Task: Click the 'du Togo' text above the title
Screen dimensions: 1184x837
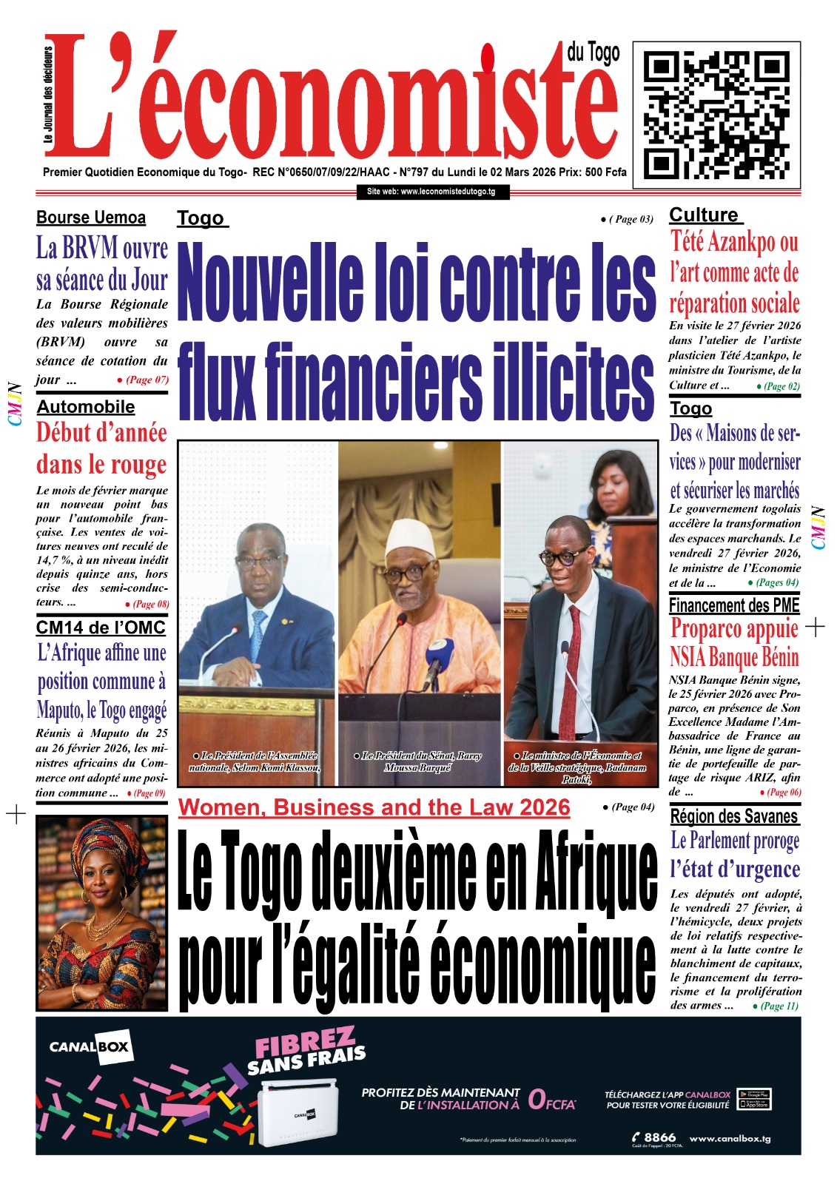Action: pyautogui.click(x=594, y=53)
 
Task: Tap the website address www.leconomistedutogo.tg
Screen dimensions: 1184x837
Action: pyautogui.click(x=431, y=192)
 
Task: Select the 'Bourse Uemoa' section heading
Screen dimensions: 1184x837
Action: pyautogui.click(x=91, y=218)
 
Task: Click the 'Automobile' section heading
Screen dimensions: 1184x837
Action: pyautogui.click(x=86, y=406)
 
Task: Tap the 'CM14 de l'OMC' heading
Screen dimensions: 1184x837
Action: pyautogui.click(x=101, y=628)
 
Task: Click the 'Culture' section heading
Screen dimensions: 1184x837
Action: pyautogui.click(x=704, y=215)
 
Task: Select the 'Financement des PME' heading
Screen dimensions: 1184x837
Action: pyautogui.click(x=734, y=605)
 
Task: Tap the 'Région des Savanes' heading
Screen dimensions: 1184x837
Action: pyautogui.click(x=734, y=816)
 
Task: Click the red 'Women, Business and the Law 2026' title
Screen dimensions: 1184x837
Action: pyautogui.click(x=374, y=807)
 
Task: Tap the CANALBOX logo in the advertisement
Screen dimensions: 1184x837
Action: pyautogui.click(x=89, y=1047)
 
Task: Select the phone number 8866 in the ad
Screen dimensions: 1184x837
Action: pyautogui.click(x=659, y=1137)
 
